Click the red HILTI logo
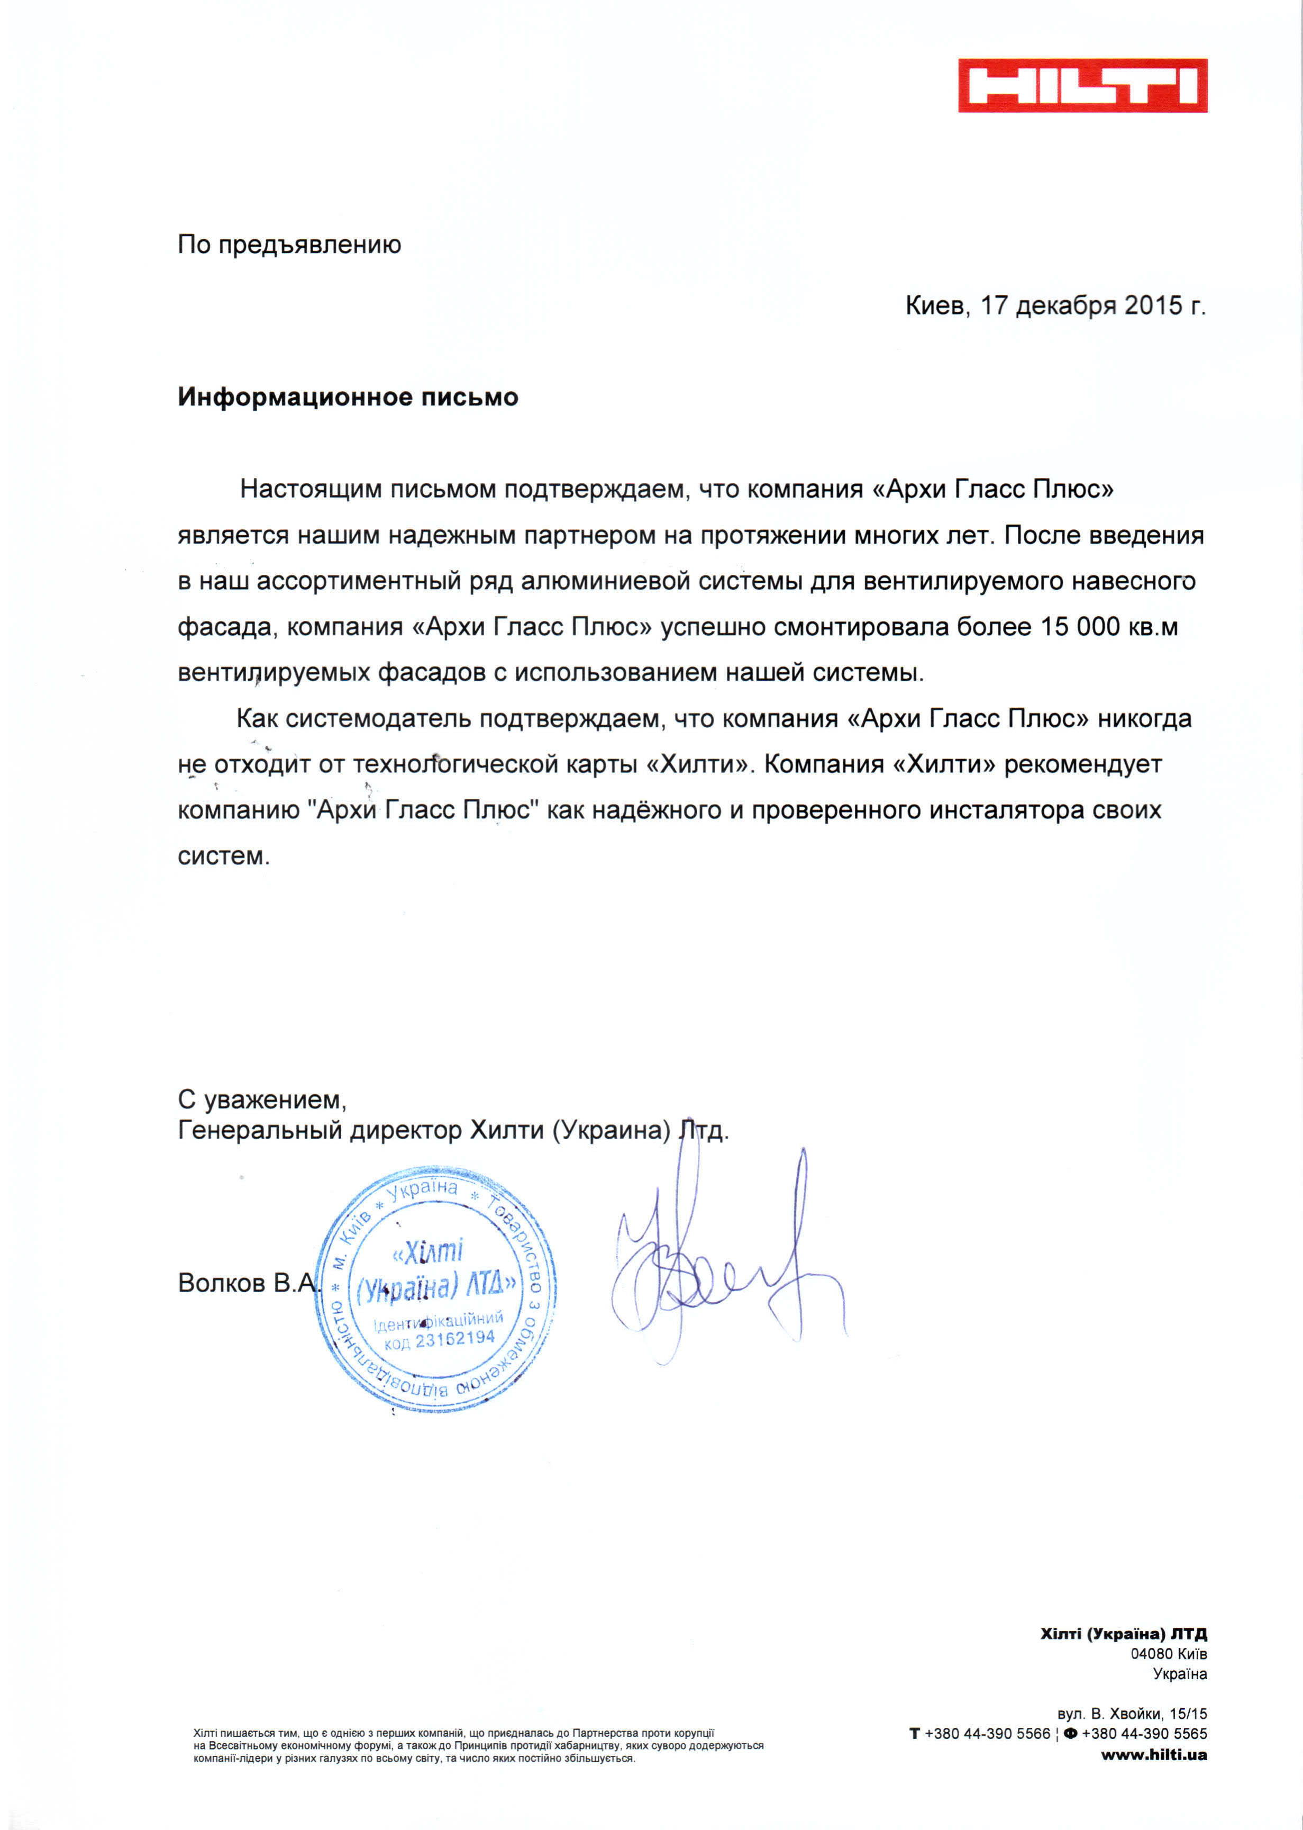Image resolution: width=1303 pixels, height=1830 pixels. [x=1082, y=85]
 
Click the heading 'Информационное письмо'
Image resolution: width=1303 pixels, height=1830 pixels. [x=348, y=398]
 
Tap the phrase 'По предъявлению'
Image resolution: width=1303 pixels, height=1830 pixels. [x=289, y=245]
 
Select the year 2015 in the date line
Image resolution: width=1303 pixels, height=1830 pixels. [x=1153, y=306]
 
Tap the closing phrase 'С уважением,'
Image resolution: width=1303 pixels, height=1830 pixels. [x=261, y=1099]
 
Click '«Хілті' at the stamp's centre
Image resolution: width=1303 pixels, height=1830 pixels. [x=427, y=1251]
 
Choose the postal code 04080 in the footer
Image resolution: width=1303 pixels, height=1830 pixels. [x=1151, y=1653]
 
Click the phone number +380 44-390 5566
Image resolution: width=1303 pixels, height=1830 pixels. [x=987, y=1734]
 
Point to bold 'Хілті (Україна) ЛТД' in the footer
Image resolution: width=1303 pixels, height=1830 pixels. [x=1123, y=1634]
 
